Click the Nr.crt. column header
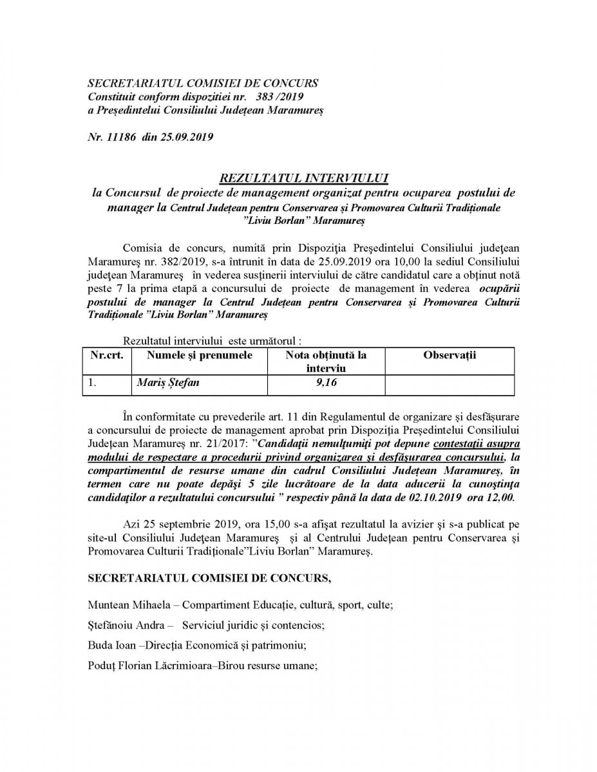point(107,356)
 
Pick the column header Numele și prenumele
point(200,356)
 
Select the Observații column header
point(450,356)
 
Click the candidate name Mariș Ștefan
point(168,383)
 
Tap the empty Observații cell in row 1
point(450,385)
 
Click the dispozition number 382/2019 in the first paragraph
point(182,263)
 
